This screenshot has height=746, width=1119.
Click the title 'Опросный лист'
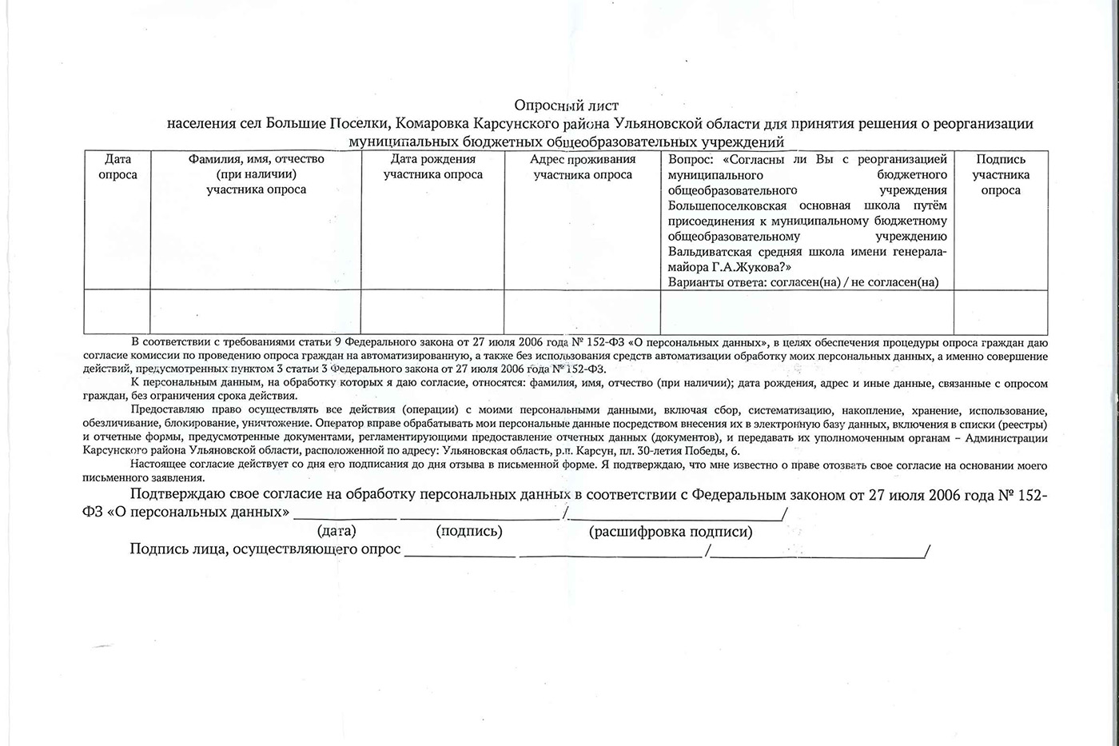pos(566,106)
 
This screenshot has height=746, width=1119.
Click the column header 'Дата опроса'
pos(117,166)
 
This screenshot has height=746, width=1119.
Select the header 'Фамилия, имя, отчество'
pos(256,159)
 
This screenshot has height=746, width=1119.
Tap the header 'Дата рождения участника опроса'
pos(432,166)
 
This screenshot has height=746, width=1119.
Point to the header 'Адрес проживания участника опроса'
pos(583,166)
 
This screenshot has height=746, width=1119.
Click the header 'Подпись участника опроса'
pos(1001,174)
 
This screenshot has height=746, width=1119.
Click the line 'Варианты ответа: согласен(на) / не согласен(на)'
pos(803,282)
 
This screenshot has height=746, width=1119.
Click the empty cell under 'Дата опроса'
pos(117,312)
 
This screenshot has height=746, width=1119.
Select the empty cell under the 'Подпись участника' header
pos(1001,312)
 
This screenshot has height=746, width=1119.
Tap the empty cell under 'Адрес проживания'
pos(583,312)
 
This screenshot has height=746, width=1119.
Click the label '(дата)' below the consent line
pos(336,531)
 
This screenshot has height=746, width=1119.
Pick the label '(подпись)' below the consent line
pos(469,531)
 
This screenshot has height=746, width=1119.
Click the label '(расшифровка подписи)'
pos(671,532)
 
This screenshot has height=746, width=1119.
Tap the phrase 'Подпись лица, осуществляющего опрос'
pos(265,550)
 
